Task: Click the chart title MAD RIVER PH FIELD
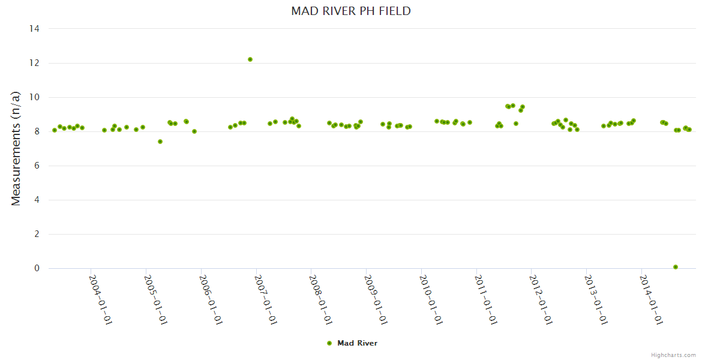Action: (x=351, y=11)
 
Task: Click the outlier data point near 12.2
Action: (x=250, y=59)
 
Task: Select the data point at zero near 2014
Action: (x=676, y=267)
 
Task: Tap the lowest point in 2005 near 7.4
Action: (x=160, y=142)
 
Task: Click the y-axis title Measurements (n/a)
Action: (x=16, y=148)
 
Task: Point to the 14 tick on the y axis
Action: (x=35, y=29)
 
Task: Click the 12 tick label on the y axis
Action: (x=35, y=63)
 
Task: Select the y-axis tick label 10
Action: (x=35, y=97)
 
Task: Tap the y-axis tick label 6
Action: (x=37, y=166)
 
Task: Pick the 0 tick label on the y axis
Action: (x=37, y=269)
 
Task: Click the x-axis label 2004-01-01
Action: (x=101, y=300)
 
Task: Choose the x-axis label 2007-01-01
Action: (x=266, y=300)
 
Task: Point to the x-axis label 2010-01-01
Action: (x=431, y=300)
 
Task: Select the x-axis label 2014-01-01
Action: (x=651, y=300)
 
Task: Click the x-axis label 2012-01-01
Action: (x=541, y=300)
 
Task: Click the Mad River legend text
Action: (x=357, y=343)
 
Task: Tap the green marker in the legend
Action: (x=329, y=343)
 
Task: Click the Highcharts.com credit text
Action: (x=673, y=355)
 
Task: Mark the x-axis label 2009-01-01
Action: (x=376, y=300)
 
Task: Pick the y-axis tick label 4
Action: (x=37, y=200)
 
